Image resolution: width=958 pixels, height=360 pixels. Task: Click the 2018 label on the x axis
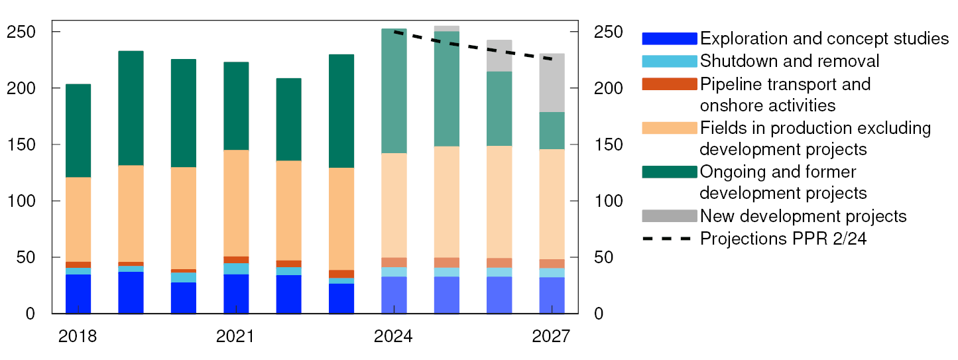pyautogui.click(x=78, y=337)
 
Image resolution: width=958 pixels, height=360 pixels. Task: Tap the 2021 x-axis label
pyautogui.click(x=235, y=337)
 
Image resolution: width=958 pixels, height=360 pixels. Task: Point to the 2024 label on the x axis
pyautogui.click(x=394, y=337)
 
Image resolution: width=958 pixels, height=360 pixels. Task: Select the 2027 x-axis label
pyautogui.click(x=551, y=337)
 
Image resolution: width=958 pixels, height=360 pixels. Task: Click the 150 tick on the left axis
pyautogui.click(x=26, y=145)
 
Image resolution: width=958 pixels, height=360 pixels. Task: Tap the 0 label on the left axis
pyautogui.click(x=30, y=314)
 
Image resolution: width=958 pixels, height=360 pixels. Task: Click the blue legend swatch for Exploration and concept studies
pyautogui.click(x=670, y=38)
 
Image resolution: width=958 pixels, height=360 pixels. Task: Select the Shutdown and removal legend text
pyautogui.click(x=790, y=61)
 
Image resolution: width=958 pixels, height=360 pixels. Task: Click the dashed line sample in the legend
pyautogui.click(x=670, y=239)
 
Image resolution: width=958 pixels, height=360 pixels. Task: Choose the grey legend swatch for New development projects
pyautogui.click(x=670, y=216)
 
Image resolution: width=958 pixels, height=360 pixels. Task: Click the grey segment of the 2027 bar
pyautogui.click(x=552, y=83)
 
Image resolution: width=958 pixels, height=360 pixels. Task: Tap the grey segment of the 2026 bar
pyautogui.click(x=499, y=56)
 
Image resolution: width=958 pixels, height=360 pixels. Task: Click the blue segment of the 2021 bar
pyautogui.click(x=236, y=294)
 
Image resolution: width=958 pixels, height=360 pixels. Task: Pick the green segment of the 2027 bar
pyautogui.click(x=552, y=131)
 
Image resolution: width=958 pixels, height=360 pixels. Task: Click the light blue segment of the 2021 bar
pyautogui.click(x=236, y=269)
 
